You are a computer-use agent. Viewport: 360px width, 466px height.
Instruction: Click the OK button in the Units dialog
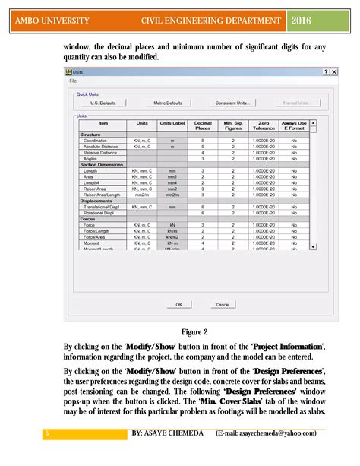pyautogui.click(x=178, y=304)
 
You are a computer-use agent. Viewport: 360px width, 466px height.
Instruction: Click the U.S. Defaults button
pyautogui.click(x=103, y=103)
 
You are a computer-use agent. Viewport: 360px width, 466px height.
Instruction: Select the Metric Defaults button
pyautogui.click(x=168, y=103)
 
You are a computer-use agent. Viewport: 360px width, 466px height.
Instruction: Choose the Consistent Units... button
pyautogui.click(x=232, y=103)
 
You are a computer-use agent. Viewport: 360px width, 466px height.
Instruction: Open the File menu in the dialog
pyautogui.click(x=74, y=80)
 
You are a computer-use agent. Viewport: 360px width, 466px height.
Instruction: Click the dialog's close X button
pyautogui.click(x=334, y=71)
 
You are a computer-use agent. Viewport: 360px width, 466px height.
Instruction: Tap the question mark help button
pyautogui.click(x=326, y=71)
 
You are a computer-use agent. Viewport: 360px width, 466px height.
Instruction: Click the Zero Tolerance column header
pyautogui.click(x=264, y=125)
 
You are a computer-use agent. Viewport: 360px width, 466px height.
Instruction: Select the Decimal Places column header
pyautogui.click(x=203, y=125)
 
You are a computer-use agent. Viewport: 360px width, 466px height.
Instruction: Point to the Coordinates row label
pyautogui.click(x=95, y=141)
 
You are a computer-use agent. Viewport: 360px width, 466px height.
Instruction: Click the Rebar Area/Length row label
pyautogui.click(x=102, y=195)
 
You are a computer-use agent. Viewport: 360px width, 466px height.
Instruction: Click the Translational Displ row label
pyautogui.click(x=101, y=207)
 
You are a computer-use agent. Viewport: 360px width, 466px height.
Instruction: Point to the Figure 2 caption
pyautogui.click(x=194, y=331)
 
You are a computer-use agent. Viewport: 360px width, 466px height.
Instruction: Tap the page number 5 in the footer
pyautogui.click(x=46, y=433)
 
